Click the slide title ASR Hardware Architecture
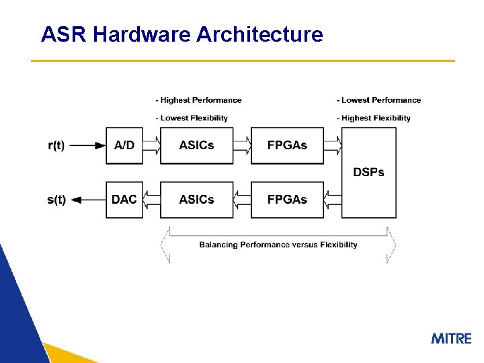(182, 34)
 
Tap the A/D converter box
(124, 145)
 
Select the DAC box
(124, 200)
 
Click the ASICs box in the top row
(196, 145)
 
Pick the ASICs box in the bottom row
(196, 200)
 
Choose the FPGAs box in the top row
(287, 145)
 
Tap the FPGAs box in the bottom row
(287, 200)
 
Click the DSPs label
(368, 172)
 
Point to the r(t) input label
(56, 146)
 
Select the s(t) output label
(56, 200)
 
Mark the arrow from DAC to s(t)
(87, 200)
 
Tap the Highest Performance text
(198, 100)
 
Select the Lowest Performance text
(378, 100)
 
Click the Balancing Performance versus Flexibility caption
(278, 245)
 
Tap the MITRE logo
(451, 338)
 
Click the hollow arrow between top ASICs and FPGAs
(242, 145)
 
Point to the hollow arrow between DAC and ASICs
(152, 200)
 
